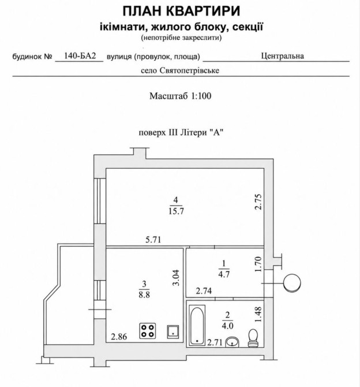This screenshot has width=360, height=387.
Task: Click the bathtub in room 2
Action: click(x=197, y=325)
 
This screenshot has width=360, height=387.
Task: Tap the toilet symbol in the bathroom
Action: click(x=253, y=338)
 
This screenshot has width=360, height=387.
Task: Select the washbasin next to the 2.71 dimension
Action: click(x=232, y=342)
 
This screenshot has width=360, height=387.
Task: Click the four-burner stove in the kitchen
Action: click(x=148, y=331)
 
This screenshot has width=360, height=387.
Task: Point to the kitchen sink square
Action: click(x=173, y=332)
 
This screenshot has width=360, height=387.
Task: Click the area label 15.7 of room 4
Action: click(x=176, y=211)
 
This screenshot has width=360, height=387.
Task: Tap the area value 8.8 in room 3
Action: click(x=144, y=295)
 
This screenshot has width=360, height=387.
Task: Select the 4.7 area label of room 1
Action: click(x=224, y=274)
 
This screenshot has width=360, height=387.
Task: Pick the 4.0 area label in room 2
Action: click(x=227, y=326)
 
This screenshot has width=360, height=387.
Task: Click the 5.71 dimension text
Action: click(x=153, y=239)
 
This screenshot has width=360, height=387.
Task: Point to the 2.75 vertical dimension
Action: click(x=258, y=202)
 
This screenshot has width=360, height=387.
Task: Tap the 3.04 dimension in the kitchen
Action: click(x=176, y=278)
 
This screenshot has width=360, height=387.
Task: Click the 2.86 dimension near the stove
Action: click(x=119, y=337)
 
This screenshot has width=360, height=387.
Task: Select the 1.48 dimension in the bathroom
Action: click(x=258, y=314)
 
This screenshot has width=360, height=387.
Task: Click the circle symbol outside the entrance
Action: click(x=292, y=283)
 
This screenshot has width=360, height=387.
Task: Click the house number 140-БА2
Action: click(x=80, y=56)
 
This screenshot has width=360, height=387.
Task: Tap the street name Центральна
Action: click(x=282, y=56)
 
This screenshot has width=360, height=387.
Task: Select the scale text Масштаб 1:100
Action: click(x=180, y=96)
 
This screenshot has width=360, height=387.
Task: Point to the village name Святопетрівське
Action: click(x=189, y=70)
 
